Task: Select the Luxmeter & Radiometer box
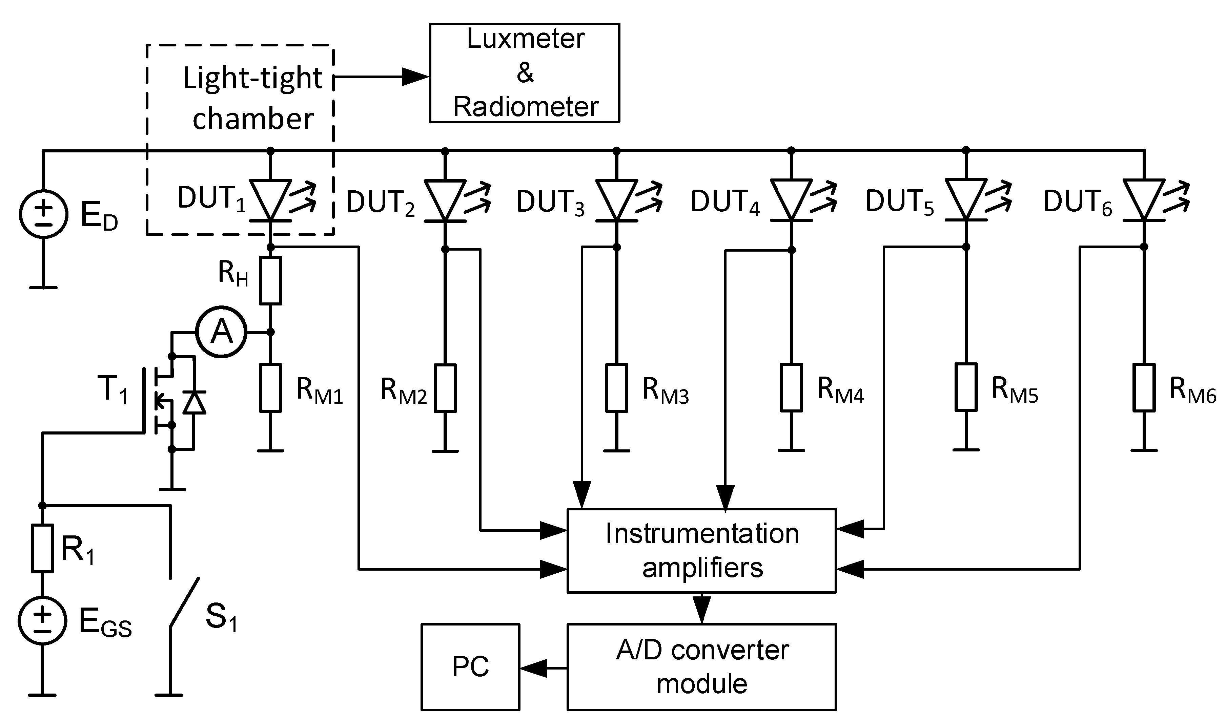tap(525, 73)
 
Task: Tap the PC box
tap(470, 667)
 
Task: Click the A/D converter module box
tap(701, 667)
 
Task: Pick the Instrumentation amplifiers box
tap(701, 550)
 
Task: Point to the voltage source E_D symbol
tap(43, 214)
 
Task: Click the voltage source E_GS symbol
tap(42, 621)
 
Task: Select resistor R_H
tap(270, 280)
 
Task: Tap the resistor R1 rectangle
tap(42, 548)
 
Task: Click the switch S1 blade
tap(184, 603)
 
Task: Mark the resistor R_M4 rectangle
tap(791, 387)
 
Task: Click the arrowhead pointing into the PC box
tap(533, 668)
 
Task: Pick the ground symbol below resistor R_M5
tap(966, 450)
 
